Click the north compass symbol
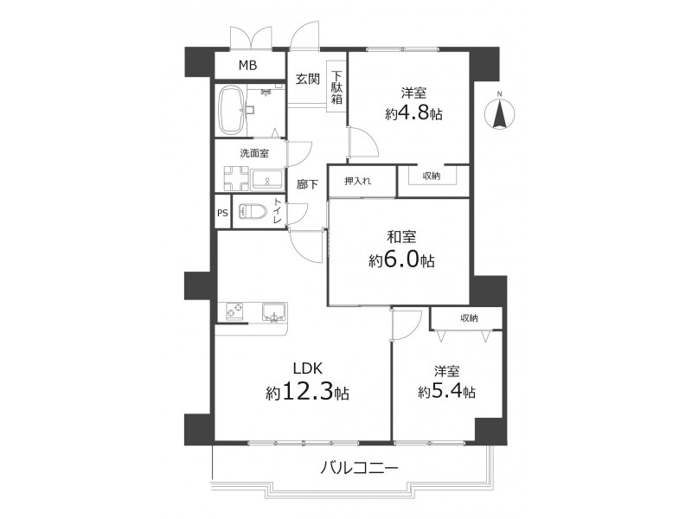pyautogui.click(x=500, y=113)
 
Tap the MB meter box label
pyautogui.click(x=247, y=66)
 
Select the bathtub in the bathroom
pyautogui.click(x=232, y=111)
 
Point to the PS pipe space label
pyautogui.click(x=222, y=213)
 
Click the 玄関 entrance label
pyautogui.click(x=308, y=79)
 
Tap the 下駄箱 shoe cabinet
pyautogui.click(x=336, y=87)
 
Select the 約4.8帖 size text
pyautogui.click(x=414, y=114)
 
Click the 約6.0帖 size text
pyautogui.click(x=401, y=260)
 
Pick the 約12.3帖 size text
pyautogui.click(x=308, y=392)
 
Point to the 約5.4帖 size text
pyautogui.click(x=446, y=392)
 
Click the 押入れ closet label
pyautogui.click(x=357, y=181)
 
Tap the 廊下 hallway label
pyautogui.click(x=307, y=184)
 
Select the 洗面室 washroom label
pyautogui.click(x=254, y=153)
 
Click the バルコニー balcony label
pyautogui.click(x=359, y=467)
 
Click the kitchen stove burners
pyautogui.click(x=234, y=311)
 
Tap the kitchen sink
pyautogui.click(x=275, y=312)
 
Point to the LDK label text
pyautogui.click(x=309, y=368)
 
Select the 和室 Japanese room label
pyautogui.click(x=401, y=237)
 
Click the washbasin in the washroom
pyautogui.click(x=266, y=180)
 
